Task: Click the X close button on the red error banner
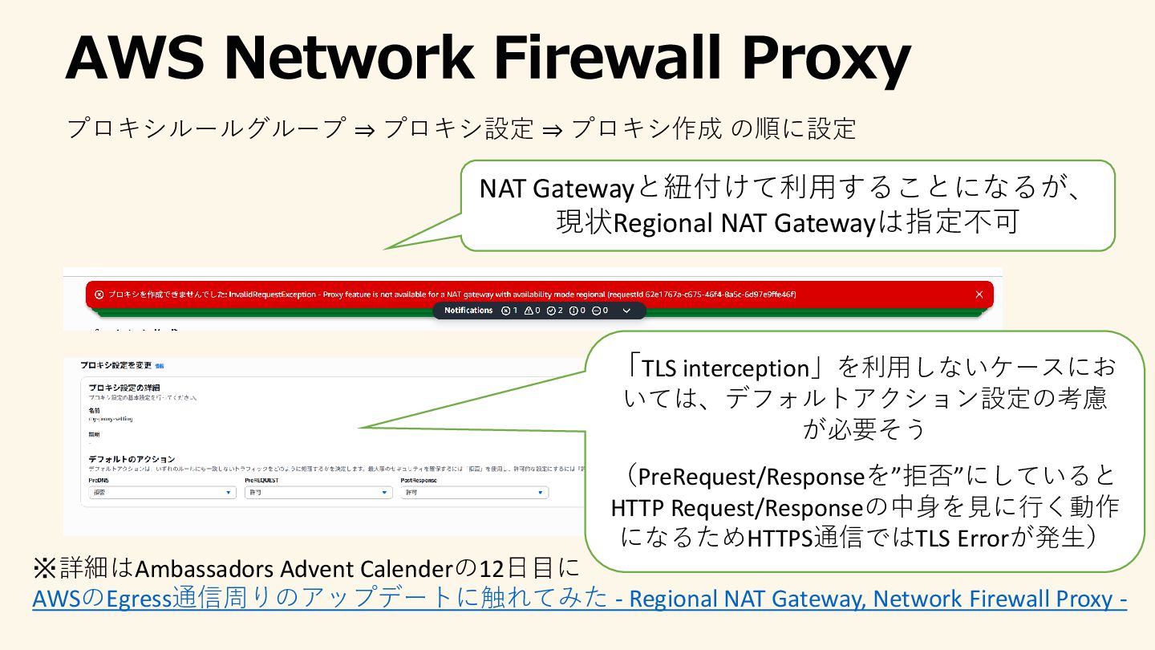pyautogui.click(x=979, y=295)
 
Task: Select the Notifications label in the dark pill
pyautogui.click(x=468, y=311)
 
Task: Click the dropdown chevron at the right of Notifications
pyautogui.click(x=626, y=311)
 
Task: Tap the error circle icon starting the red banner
pyautogui.click(x=99, y=295)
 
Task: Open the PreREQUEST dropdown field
pyautogui.click(x=318, y=493)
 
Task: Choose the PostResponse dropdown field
pyautogui.click(x=475, y=493)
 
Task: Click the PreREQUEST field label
pyautogui.click(x=261, y=479)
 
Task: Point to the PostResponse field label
pyautogui.click(x=419, y=479)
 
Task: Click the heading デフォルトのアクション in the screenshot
pyautogui.click(x=132, y=459)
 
